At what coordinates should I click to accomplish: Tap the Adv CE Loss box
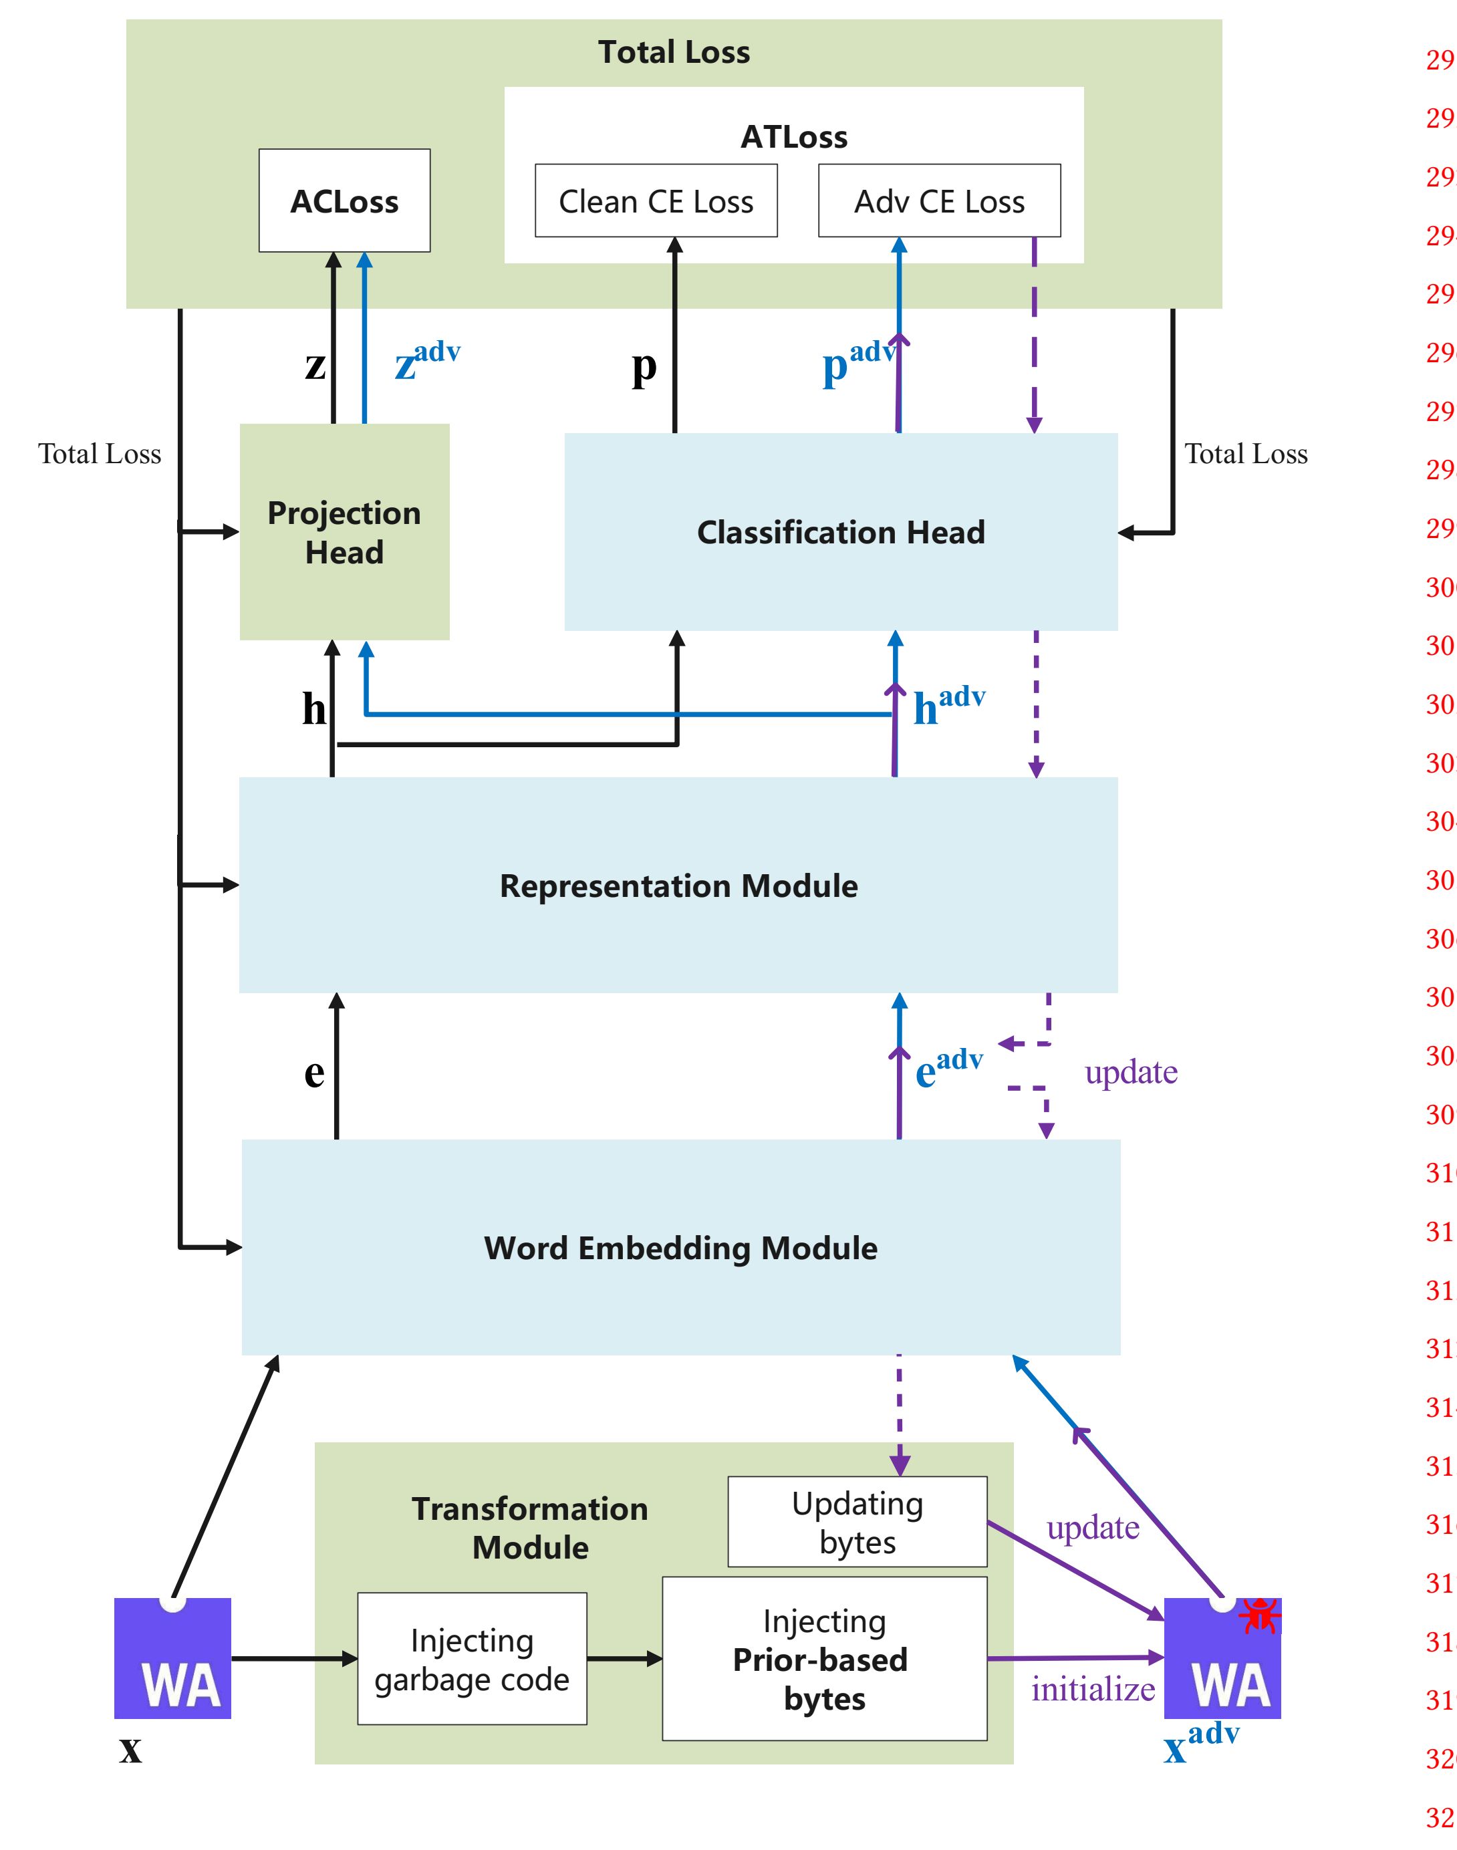(x=938, y=201)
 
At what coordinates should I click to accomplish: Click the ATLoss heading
(x=793, y=136)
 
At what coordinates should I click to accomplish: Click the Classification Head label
(x=840, y=532)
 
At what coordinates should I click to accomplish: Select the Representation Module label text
(x=678, y=886)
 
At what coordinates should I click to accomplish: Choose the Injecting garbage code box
(x=472, y=1659)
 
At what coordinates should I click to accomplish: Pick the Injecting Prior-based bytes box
(x=823, y=1659)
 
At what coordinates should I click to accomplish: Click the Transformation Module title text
(x=530, y=1528)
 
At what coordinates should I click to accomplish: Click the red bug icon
(x=1259, y=1615)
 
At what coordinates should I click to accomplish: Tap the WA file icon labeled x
(x=172, y=1659)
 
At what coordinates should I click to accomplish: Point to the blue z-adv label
(x=426, y=360)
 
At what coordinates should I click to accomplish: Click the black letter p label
(x=644, y=367)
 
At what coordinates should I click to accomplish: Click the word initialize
(x=1093, y=1689)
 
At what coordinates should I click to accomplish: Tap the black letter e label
(x=314, y=1072)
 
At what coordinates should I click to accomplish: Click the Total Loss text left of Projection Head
(x=99, y=454)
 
